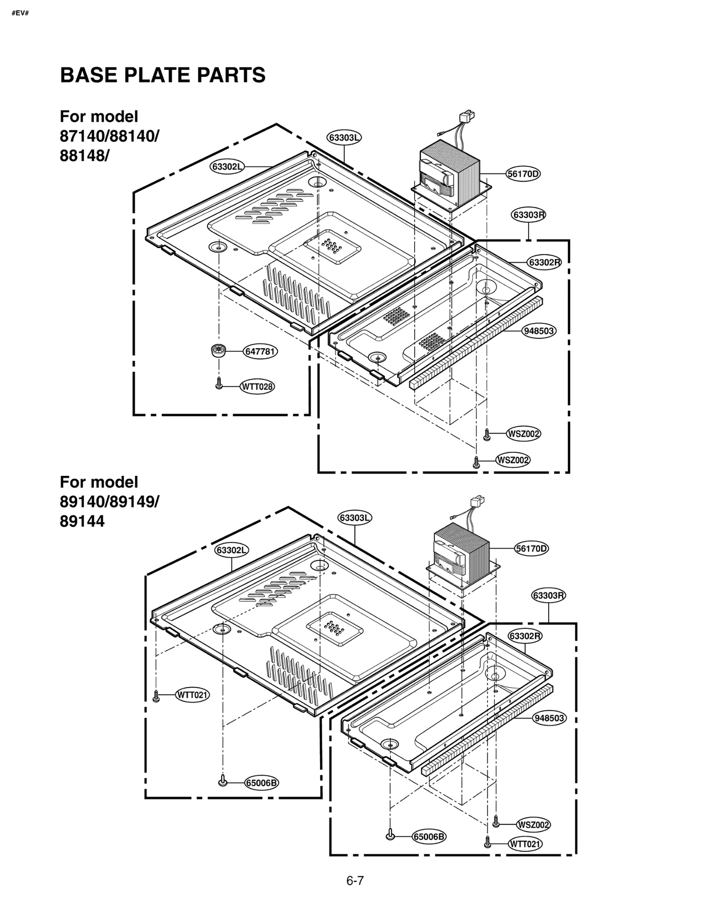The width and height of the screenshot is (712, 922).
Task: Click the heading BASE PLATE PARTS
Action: click(162, 75)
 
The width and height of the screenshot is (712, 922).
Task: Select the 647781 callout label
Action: click(261, 352)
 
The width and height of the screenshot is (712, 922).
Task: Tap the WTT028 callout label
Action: click(257, 387)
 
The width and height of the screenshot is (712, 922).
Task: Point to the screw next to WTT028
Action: click(218, 383)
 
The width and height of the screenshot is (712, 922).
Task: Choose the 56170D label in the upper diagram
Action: click(523, 174)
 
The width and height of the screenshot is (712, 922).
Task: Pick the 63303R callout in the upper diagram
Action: click(528, 215)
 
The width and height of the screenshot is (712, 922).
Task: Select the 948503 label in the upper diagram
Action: click(538, 331)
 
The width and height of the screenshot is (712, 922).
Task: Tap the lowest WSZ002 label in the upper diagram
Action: click(513, 460)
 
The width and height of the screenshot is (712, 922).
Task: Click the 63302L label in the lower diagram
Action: click(231, 550)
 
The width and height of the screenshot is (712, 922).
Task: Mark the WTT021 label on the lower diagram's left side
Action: click(193, 695)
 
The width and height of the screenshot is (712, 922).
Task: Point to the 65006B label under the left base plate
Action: click(261, 795)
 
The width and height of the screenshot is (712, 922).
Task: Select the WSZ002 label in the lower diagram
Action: click(533, 825)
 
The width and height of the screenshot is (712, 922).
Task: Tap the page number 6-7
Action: click(355, 880)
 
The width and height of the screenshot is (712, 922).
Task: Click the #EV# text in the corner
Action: click(20, 13)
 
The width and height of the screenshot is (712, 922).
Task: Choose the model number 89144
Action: click(82, 521)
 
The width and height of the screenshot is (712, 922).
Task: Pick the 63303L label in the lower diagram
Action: click(355, 518)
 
